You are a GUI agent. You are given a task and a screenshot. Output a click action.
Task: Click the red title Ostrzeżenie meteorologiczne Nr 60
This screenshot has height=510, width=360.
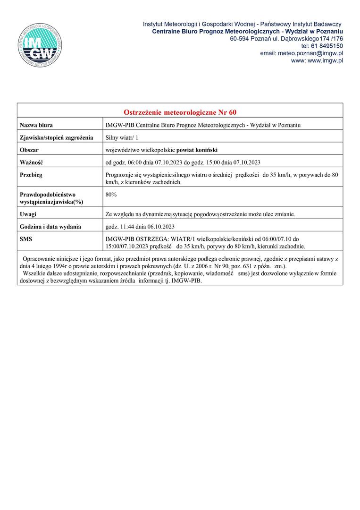coord(180,112)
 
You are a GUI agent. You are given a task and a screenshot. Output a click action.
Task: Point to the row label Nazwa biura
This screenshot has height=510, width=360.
coord(36,125)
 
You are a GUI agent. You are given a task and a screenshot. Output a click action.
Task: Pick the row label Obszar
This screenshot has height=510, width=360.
coord(29,150)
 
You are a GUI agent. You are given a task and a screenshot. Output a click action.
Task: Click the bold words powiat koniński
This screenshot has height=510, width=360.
coord(197,150)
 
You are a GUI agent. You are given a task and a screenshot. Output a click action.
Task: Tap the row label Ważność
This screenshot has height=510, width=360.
coord(31,163)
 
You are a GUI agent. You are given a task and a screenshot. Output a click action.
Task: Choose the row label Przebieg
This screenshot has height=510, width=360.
coord(31,175)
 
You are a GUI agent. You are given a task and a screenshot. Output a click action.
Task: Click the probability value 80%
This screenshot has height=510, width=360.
coord(112,194)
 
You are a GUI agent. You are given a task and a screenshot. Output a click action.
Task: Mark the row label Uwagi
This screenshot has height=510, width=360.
coord(28,214)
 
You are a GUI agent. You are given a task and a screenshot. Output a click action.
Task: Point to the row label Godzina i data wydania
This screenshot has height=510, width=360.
coord(50,227)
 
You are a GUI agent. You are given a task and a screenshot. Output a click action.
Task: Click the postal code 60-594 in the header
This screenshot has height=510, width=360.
coord(240,38)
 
